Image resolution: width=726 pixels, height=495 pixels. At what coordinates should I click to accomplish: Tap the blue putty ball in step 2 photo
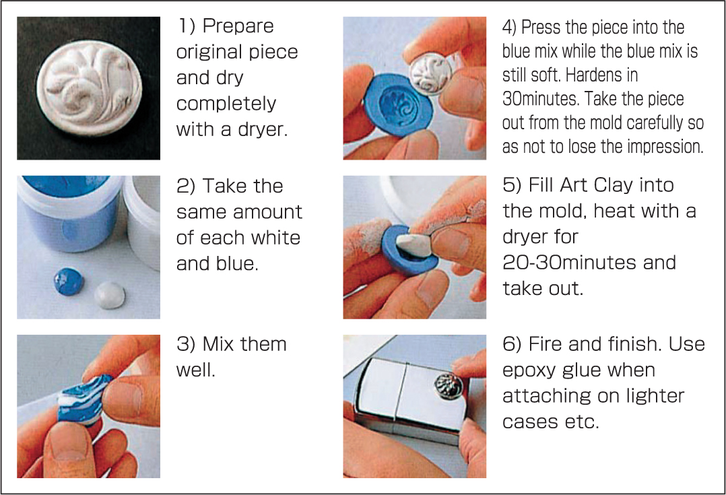(x=69, y=281)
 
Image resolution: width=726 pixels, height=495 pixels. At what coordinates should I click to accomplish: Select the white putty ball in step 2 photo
(x=110, y=295)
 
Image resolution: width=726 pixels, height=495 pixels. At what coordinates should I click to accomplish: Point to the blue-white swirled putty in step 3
(x=84, y=398)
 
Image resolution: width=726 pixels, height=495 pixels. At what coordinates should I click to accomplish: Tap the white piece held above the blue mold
(x=430, y=73)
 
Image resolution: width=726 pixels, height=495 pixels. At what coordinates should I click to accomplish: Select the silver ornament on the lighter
(x=449, y=385)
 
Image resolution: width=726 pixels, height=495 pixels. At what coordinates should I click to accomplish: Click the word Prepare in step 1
(x=238, y=26)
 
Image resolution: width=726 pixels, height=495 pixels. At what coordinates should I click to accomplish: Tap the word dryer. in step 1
(x=263, y=129)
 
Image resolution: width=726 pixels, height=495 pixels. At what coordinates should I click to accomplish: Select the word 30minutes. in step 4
(x=541, y=98)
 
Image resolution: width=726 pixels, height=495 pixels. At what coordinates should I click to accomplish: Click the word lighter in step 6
(x=655, y=396)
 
